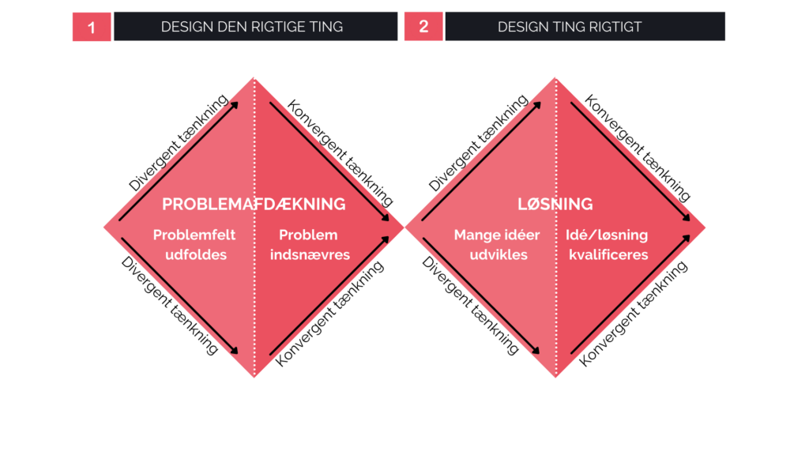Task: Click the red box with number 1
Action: [x=92, y=26]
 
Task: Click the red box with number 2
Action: [x=423, y=26]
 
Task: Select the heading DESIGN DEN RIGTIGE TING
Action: [x=252, y=27]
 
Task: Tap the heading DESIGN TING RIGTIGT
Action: [x=570, y=27]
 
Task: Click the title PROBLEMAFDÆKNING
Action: [x=254, y=205]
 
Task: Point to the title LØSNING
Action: [x=555, y=205]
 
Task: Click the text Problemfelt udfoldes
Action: [x=194, y=245]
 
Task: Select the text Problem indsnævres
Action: [x=310, y=245]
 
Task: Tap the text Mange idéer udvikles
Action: [x=497, y=245]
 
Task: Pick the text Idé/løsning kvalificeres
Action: [x=608, y=245]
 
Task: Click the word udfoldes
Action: [x=196, y=255]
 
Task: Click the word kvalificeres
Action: [x=608, y=255]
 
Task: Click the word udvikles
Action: [x=499, y=255]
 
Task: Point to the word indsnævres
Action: [x=310, y=255]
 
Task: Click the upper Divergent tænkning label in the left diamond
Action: [x=178, y=143]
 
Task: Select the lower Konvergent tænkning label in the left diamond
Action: [x=329, y=314]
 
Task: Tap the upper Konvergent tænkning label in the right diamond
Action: [x=638, y=148]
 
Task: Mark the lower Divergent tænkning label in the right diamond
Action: [x=470, y=306]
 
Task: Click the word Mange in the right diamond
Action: [x=475, y=235]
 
